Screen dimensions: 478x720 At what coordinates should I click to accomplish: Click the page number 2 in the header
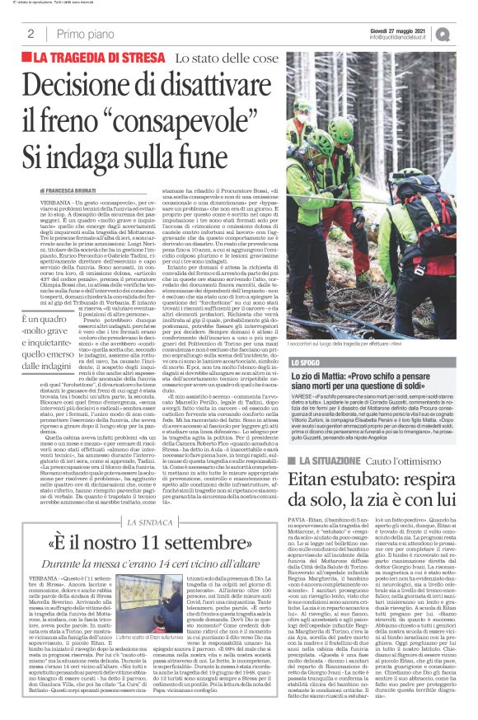30,34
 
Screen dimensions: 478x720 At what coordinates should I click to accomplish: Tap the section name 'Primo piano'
82,34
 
